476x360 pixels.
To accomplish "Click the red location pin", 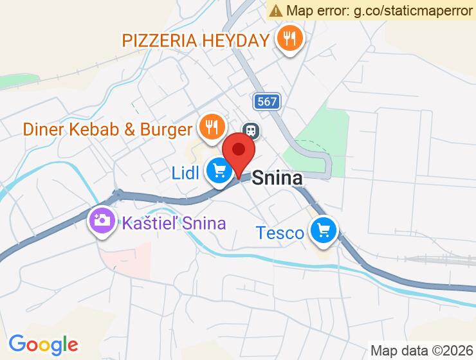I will click(x=239, y=152).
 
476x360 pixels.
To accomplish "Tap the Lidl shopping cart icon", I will click(x=220, y=171).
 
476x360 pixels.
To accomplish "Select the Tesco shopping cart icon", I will click(x=323, y=230).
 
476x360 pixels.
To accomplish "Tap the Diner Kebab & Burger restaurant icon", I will click(x=211, y=127).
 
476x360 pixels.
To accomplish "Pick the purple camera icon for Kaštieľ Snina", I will click(x=102, y=221).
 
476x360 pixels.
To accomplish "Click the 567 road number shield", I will click(x=266, y=101).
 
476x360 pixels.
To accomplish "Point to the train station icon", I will click(x=251, y=130).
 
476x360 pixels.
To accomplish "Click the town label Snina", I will click(x=277, y=177).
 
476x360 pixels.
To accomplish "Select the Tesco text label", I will click(x=280, y=232).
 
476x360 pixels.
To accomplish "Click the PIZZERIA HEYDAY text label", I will click(x=196, y=40).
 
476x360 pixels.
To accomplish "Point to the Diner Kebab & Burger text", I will click(x=107, y=129).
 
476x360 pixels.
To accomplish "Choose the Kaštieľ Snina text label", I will click(x=174, y=223).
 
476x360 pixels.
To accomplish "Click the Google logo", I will click(x=43, y=345).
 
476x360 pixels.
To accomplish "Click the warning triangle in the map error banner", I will click(x=276, y=10).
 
